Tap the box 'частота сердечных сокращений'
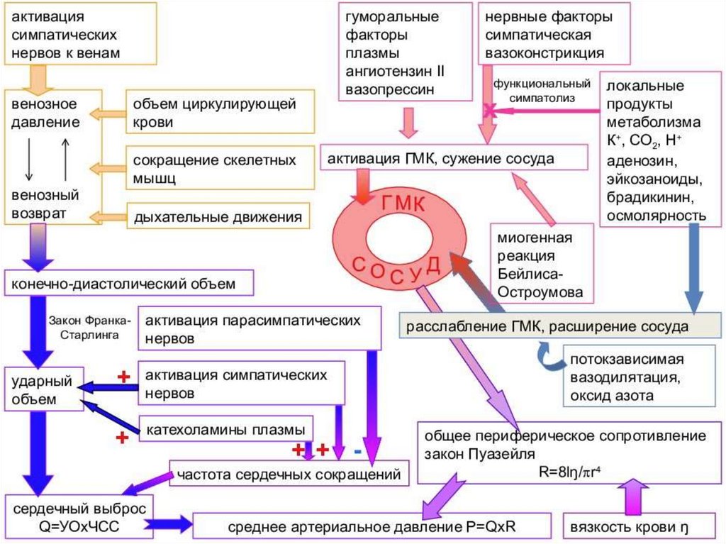289,473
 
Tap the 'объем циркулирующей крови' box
220,113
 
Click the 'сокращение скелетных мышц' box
220,169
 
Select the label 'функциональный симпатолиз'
532,89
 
